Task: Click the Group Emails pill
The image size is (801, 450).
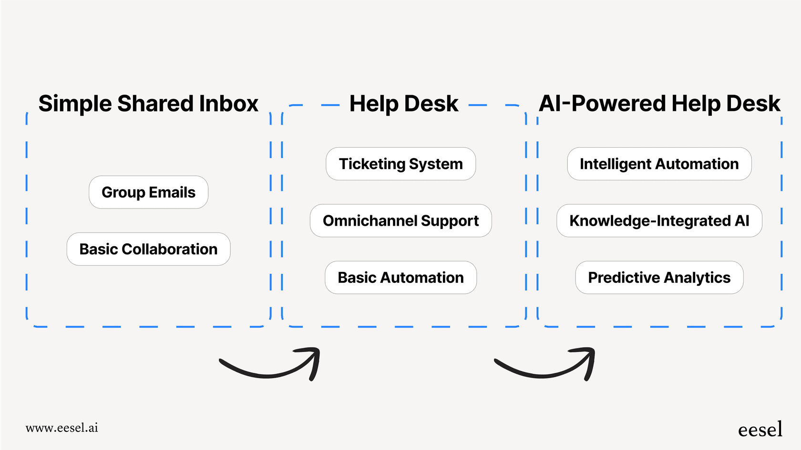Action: click(x=148, y=192)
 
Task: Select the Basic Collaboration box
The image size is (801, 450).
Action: click(x=148, y=249)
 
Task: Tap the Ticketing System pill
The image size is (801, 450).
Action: click(x=400, y=164)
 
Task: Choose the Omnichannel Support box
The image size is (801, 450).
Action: click(x=400, y=221)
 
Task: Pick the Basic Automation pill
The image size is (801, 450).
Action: click(x=400, y=278)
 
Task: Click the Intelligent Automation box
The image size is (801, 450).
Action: click(x=659, y=164)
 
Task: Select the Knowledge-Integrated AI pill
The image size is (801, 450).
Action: click(x=659, y=221)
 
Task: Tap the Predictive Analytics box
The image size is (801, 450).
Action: click(x=659, y=278)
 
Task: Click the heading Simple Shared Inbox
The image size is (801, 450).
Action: click(x=148, y=104)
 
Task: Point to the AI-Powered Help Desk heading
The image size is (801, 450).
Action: click(x=659, y=104)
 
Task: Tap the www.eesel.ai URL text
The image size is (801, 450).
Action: click(x=62, y=428)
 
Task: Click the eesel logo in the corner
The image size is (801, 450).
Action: click(x=760, y=430)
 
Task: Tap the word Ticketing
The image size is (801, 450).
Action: click(x=372, y=164)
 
